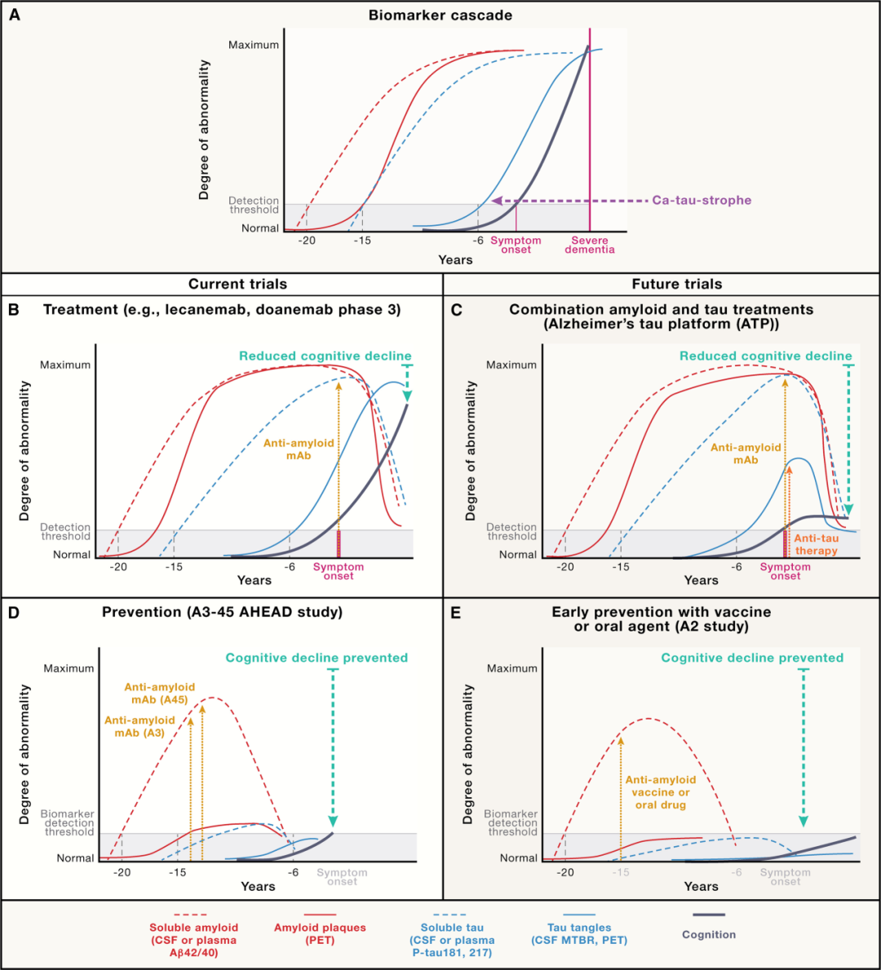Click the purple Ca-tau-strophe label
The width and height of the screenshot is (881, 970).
(702, 200)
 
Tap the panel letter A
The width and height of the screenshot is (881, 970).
(15, 15)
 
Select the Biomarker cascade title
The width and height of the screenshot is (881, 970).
(440, 16)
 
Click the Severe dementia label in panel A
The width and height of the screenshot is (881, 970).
(590, 245)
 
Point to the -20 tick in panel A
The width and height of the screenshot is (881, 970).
(307, 241)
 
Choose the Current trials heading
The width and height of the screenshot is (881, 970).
(237, 284)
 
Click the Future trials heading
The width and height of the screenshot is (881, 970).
(677, 284)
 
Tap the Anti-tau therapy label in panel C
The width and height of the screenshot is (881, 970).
(816, 544)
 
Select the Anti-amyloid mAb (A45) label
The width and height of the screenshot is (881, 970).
(160, 693)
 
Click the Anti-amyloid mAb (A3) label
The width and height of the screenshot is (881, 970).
(139, 726)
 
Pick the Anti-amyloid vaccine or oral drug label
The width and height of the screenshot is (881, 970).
(661, 792)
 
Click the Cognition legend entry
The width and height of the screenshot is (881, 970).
(709, 935)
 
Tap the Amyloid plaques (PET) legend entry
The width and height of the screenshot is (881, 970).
(320, 933)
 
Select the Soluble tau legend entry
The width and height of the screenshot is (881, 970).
(452, 940)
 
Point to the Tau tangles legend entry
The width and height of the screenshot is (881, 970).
(579, 933)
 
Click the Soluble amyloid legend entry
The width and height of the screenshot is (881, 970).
(193, 940)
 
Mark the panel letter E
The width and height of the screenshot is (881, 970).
(456, 613)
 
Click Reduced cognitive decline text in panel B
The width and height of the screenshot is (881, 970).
(325, 356)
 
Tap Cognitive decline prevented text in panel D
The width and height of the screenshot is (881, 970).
(317, 658)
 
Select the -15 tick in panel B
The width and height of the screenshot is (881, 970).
(174, 567)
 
